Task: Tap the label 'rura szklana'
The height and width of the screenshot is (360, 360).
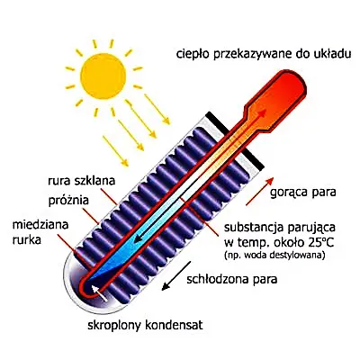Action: (82, 181)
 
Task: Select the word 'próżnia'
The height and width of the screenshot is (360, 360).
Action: (68, 201)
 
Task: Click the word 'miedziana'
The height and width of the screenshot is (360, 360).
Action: (40, 225)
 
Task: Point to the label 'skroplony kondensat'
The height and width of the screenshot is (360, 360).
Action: (146, 325)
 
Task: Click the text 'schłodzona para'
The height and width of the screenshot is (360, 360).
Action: (231, 280)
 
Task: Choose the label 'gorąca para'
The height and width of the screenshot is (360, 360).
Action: (303, 193)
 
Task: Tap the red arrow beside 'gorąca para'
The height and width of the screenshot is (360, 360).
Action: (260, 191)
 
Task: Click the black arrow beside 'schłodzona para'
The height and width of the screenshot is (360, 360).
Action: (176, 275)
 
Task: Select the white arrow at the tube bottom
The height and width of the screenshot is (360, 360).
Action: (99, 292)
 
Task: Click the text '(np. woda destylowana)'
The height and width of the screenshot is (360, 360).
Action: (274, 256)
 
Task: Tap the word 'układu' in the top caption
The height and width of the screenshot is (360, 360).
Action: (336, 54)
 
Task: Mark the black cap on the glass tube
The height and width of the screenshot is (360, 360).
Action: (235, 139)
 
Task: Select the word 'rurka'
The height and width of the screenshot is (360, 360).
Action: (26, 240)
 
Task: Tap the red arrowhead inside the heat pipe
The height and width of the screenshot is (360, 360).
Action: (262, 114)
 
